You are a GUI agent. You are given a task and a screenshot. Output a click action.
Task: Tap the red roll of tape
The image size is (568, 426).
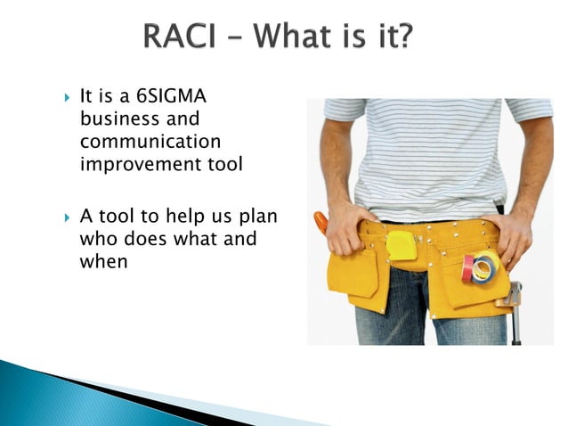469,266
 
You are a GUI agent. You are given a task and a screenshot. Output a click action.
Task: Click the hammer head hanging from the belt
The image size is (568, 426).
515,297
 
